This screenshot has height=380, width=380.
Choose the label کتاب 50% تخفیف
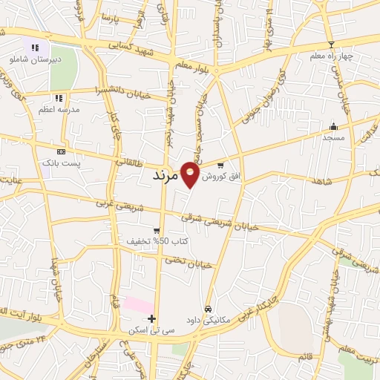pyautogui.click(x=157, y=242)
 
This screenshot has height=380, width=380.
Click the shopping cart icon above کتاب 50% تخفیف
pyautogui.click(x=156, y=230)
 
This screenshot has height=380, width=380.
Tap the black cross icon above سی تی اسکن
pyautogui.click(x=151, y=319)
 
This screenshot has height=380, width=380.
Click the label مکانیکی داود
pyautogui.click(x=209, y=320)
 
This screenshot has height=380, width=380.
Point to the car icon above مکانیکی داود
pyautogui.click(x=209, y=308)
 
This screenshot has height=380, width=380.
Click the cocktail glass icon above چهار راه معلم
pyautogui.click(x=331, y=44)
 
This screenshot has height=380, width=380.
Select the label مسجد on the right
pyautogui.click(x=333, y=137)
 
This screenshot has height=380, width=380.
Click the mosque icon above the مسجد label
pyautogui.click(x=333, y=125)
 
